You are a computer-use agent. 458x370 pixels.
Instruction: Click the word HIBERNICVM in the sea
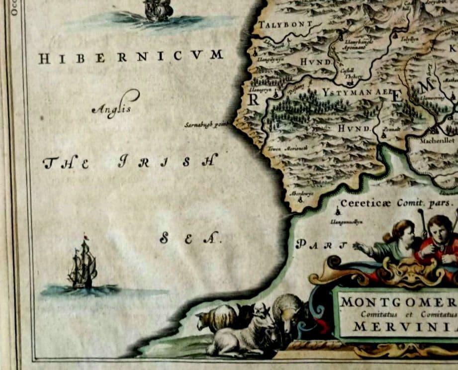[131, 57]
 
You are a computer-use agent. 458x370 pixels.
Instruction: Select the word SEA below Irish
[189, 239]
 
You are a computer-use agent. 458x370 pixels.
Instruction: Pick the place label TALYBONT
[285, 24]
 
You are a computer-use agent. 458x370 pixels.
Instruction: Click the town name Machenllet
[437, 141]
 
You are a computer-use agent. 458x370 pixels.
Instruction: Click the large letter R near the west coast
[253, 99]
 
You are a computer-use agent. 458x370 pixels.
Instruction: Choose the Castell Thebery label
[350, 73]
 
